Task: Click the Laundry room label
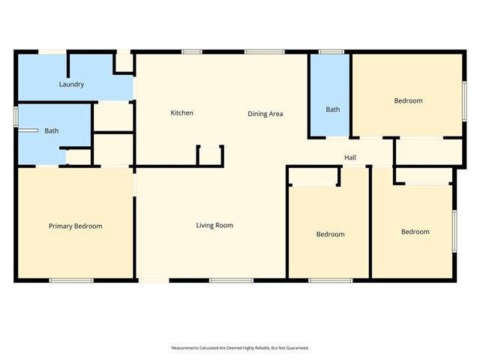tap(71, 85)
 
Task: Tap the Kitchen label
tap(181, 113)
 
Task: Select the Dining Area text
tap(265, 114)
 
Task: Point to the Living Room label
tap(214, 225)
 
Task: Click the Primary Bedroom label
tap(75, 226)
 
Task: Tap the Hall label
tap(349, 157)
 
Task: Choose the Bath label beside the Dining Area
tap(332, 109)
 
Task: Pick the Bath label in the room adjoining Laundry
tap(51, 131)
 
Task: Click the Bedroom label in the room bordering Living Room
tap(330, 234)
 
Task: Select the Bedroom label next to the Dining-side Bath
tap(408, 100)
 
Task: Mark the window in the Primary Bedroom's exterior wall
tap(71, 280)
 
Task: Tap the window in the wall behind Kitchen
tap(191, 52)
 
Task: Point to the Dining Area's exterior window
tap(259, 52)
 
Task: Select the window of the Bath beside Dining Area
tap(331, 52)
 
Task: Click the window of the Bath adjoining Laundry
tap(16, 116)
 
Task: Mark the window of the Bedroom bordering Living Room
tap(330, 280)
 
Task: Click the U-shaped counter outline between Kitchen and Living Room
tap(210, 154)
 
